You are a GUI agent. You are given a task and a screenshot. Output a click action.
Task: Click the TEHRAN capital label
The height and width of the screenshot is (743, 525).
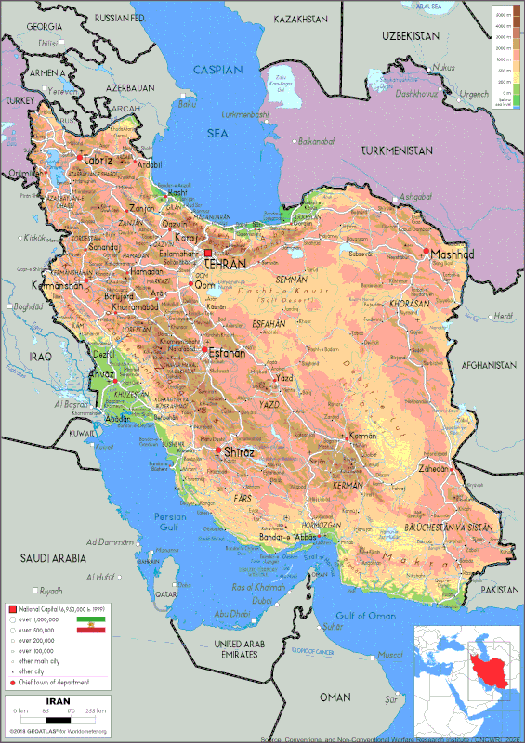tap(226, 264)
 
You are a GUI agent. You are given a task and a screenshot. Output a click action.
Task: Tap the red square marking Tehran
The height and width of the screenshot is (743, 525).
tap(209, 253)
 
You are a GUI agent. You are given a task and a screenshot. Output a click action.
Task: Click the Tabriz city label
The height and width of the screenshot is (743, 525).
tap(95, 160)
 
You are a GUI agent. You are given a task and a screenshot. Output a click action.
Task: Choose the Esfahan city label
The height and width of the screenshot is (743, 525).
tap(227, 353)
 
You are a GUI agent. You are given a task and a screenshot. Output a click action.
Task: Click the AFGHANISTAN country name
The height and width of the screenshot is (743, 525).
tap(487, 364)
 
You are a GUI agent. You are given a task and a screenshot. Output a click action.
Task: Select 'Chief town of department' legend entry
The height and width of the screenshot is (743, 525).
tap(52, 681)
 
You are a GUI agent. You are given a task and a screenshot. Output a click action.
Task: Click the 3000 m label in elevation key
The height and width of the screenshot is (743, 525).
tap(502, 16)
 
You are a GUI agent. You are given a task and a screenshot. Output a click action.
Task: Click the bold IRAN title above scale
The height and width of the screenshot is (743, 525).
tap(56, 700)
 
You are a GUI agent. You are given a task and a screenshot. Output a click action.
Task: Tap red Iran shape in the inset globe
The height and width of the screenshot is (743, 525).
tap(481, 668)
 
